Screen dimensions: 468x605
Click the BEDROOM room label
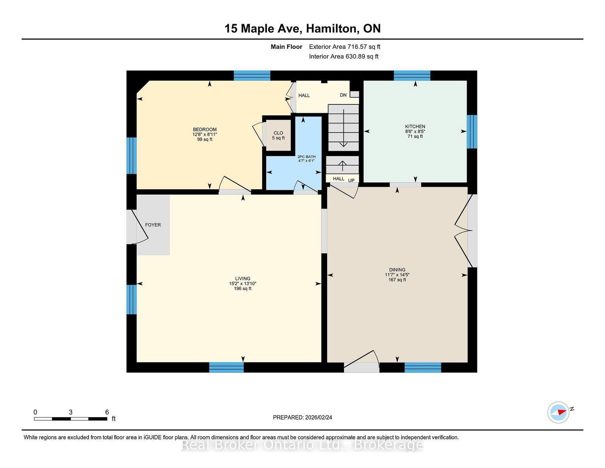point(205,129)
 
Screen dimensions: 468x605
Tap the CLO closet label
point(278,133)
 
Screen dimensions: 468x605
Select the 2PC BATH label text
point(306,157)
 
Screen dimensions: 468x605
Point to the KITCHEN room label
point(415,126)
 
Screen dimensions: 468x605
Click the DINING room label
point(397,270)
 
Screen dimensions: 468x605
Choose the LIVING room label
point(242,278)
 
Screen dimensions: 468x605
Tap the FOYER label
point(153,225)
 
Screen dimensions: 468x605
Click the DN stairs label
point(343,95)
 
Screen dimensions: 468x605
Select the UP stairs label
point(351,180)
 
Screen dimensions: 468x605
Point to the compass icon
point(558,412)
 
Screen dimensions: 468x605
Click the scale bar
point(71,418)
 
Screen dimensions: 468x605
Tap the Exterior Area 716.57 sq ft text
point(344,47)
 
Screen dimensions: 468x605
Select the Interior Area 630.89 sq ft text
point(343,56)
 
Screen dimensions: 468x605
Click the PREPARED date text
point(302,417)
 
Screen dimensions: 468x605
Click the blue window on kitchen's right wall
point(472,132)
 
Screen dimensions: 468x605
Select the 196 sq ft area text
point(242,288)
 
